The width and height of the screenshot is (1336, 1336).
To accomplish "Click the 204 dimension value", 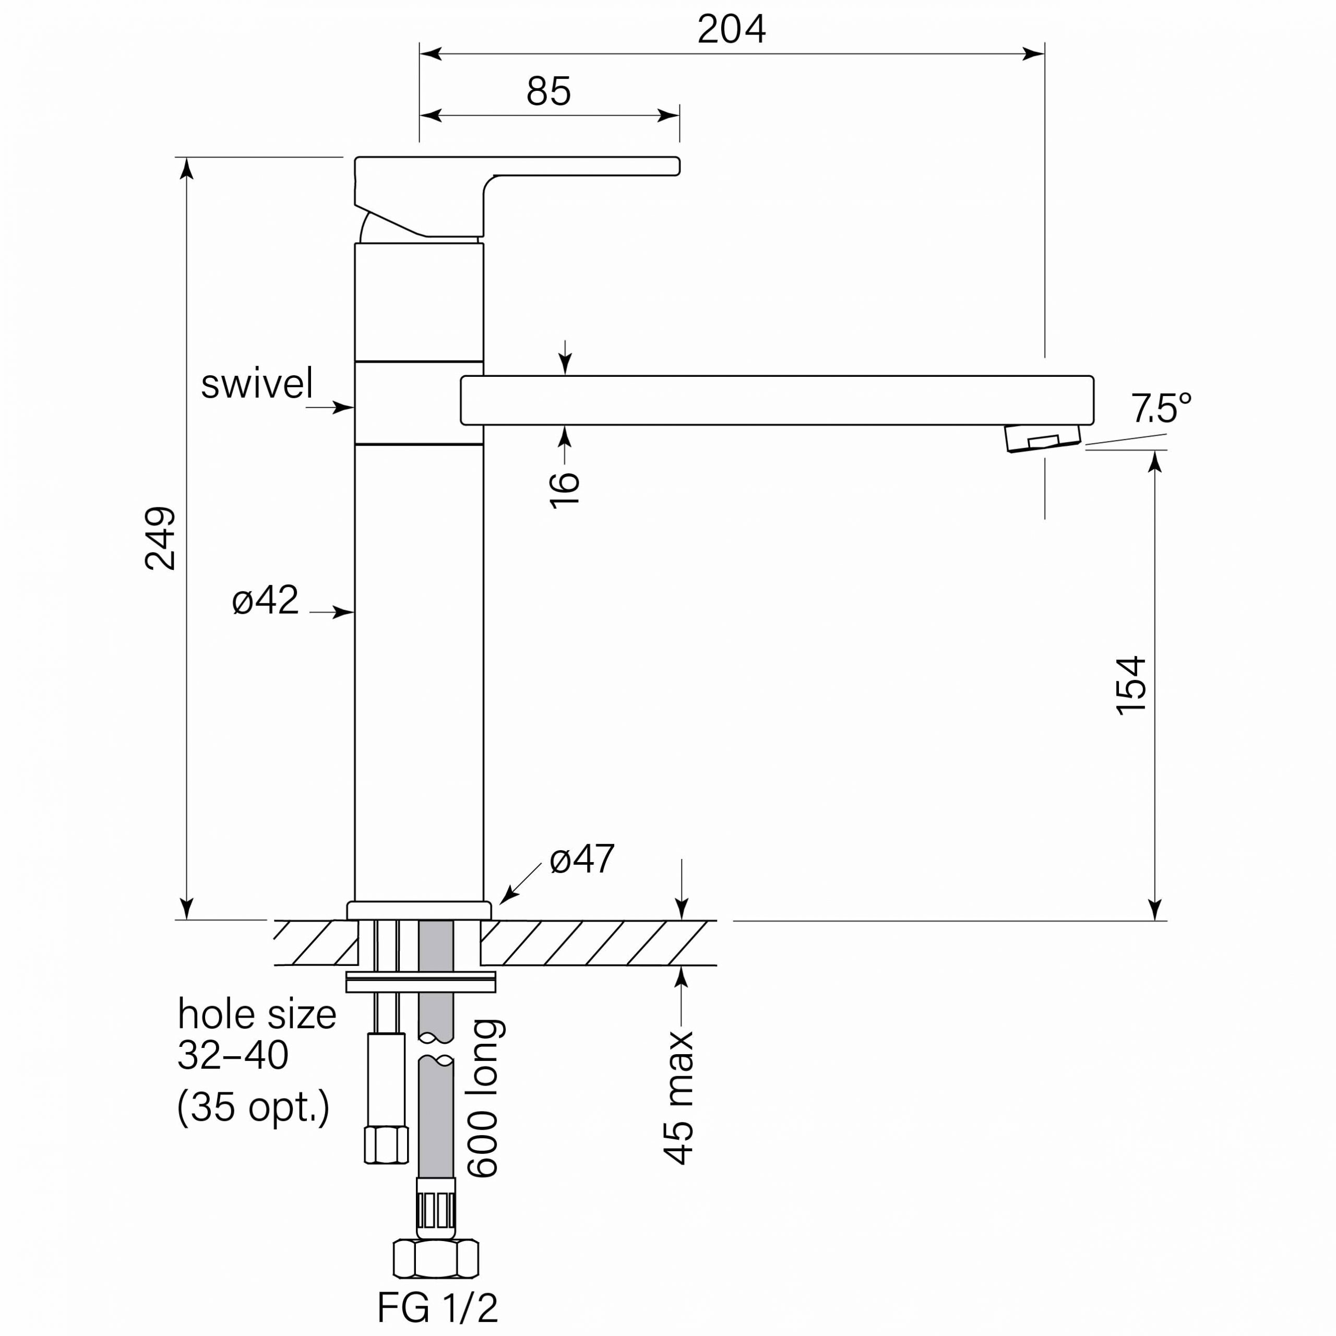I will pos(731,29).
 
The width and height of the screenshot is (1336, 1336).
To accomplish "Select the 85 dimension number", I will pos(548,91).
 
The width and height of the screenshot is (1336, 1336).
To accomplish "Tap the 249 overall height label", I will pos(160,538).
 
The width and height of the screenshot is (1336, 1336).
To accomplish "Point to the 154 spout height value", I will pos(1131,685).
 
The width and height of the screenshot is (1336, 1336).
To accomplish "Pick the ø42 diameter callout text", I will pos(265,600).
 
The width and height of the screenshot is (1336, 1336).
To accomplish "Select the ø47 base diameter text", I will pos(581,860).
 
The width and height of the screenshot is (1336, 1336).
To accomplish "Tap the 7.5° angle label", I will pos(1161,408).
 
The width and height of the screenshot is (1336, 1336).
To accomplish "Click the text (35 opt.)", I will pos(253,1107).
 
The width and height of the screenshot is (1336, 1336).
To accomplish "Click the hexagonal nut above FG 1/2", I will pos(436,1259).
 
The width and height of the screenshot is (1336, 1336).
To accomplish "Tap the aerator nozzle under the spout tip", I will pos(1042,438).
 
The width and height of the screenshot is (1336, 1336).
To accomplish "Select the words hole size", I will pos(257,1015).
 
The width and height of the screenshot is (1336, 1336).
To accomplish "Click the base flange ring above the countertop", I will pos(419,911).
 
